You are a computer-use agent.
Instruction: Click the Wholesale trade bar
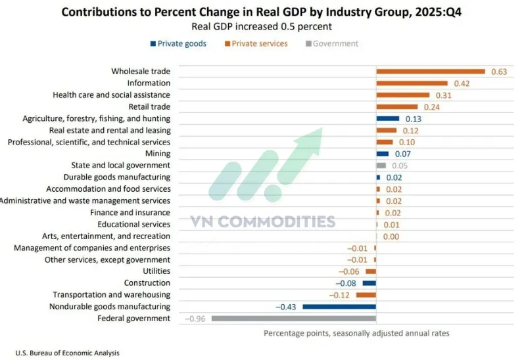(x=430, y=72)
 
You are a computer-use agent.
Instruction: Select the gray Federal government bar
(x=293, y=319)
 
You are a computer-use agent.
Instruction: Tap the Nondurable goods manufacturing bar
(x=339, y=307)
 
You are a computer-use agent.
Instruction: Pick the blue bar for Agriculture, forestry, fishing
(x=387, y=119)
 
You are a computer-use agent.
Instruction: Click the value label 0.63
(x=499, y=72)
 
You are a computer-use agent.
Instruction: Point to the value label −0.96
(x=197, y=319)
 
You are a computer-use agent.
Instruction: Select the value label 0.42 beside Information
(x=462, y=83)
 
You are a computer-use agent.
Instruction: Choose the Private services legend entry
(x=256, y=44)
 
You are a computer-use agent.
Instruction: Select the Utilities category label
(x=156, y=271)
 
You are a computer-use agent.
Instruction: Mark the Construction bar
(x=370, y=283)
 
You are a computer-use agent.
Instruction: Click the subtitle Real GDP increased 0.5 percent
(x=262, y=27)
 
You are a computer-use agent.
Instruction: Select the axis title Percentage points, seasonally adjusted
(x=356, y=333)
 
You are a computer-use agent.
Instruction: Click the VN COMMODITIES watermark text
(x=263, y=222)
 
